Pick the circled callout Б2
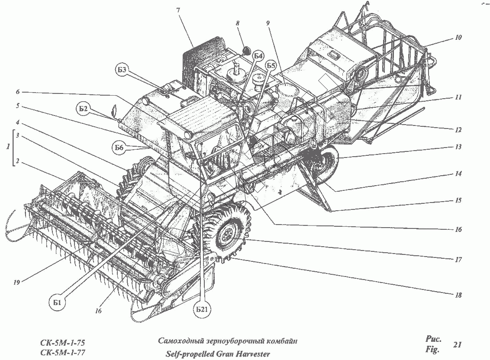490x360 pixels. (95, 109)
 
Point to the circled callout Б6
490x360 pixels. (119, 148)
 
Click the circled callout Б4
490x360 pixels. (258, 55)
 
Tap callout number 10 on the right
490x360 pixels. (458, 38)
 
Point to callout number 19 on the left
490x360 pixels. (16, 283)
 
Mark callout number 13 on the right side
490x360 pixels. (458, 147)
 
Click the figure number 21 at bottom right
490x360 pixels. (457, 345)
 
